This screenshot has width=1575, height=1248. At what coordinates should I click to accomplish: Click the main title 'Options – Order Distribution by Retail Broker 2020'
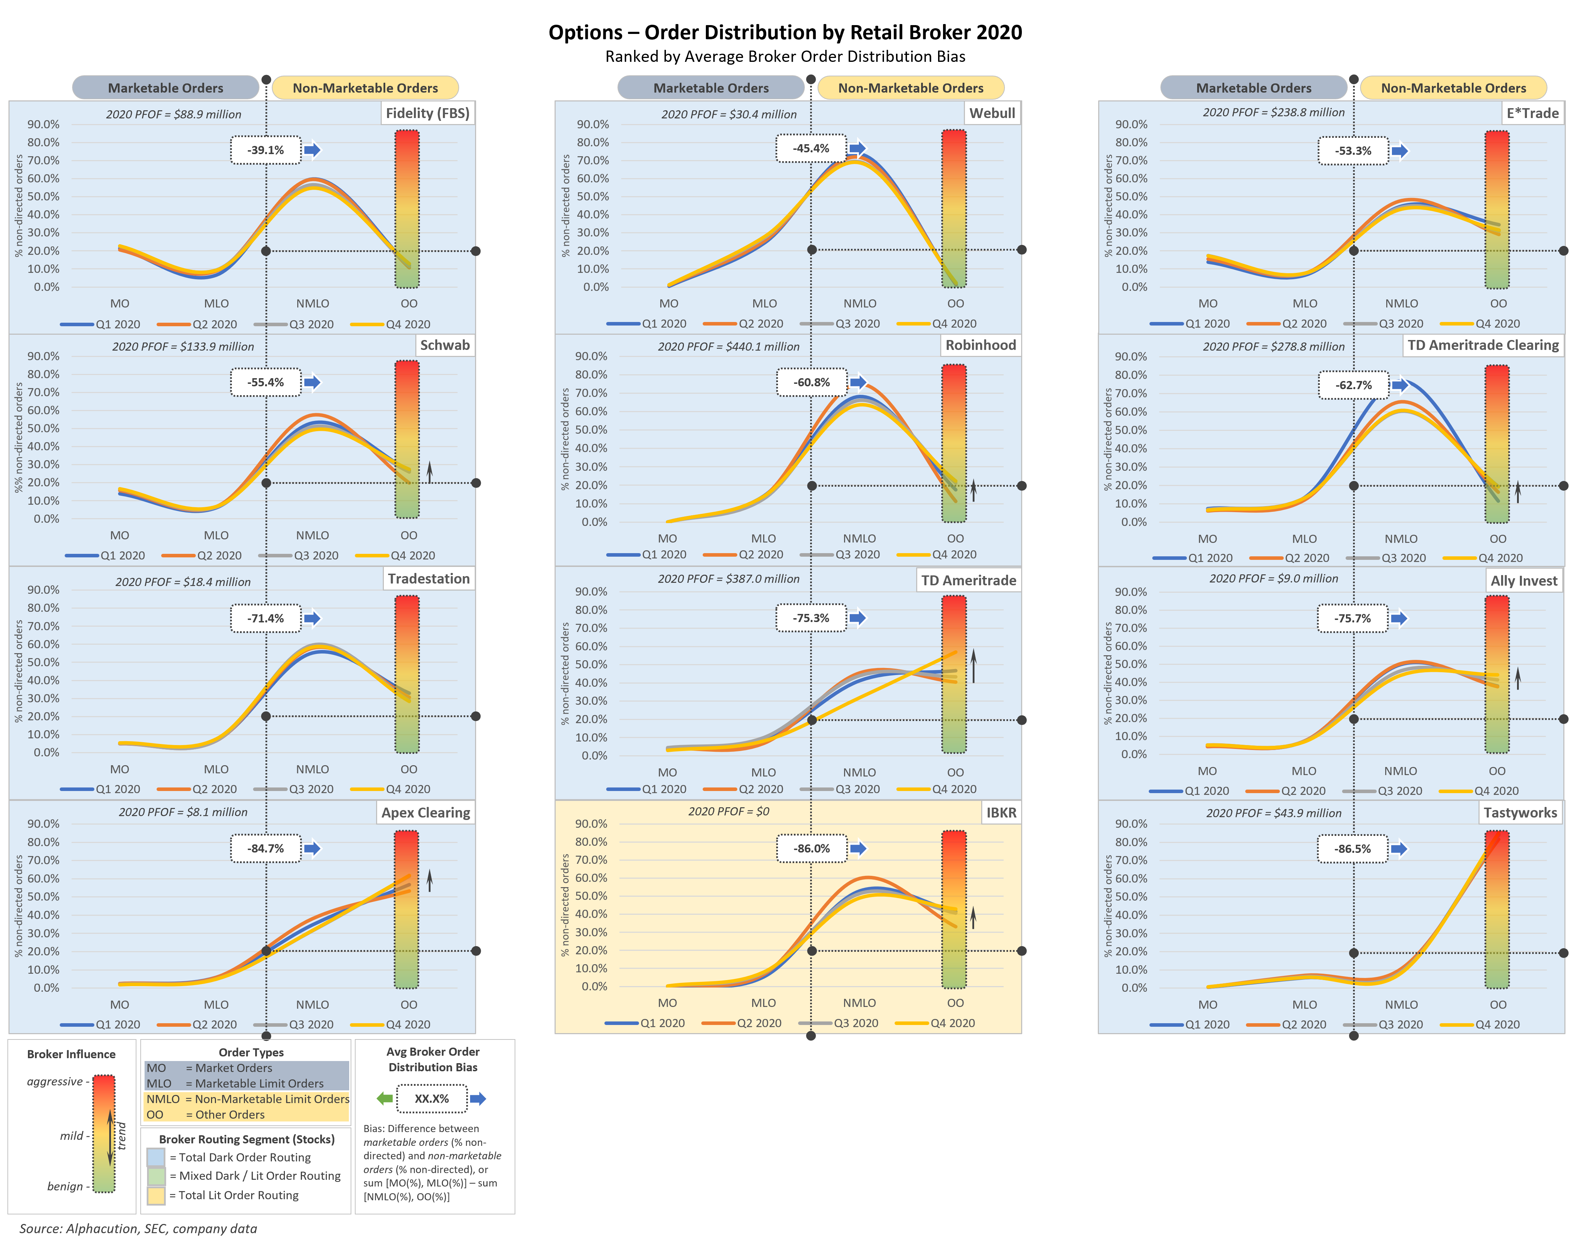(785, 32)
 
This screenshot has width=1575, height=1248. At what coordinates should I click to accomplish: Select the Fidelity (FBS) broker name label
(427, 113)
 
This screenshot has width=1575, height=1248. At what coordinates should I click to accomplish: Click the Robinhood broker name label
(980, 345)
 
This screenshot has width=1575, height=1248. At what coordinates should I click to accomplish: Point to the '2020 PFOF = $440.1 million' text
(728, 346)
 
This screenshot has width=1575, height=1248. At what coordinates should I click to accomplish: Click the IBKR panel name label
(1001, 813)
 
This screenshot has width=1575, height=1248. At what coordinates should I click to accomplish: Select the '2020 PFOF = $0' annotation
(728, 811)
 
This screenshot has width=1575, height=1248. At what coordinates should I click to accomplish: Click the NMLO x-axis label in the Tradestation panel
(313, 769)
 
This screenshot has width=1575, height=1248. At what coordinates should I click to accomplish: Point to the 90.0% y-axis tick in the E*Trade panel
(1131, 124)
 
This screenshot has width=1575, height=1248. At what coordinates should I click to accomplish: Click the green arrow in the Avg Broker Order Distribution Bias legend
(384, 1098)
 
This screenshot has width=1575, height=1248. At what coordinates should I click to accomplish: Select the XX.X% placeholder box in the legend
(432, 1098)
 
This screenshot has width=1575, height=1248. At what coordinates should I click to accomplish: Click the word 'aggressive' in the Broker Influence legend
(55, 1082)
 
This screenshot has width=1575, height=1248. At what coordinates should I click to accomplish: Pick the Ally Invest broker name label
(1524, 581)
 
